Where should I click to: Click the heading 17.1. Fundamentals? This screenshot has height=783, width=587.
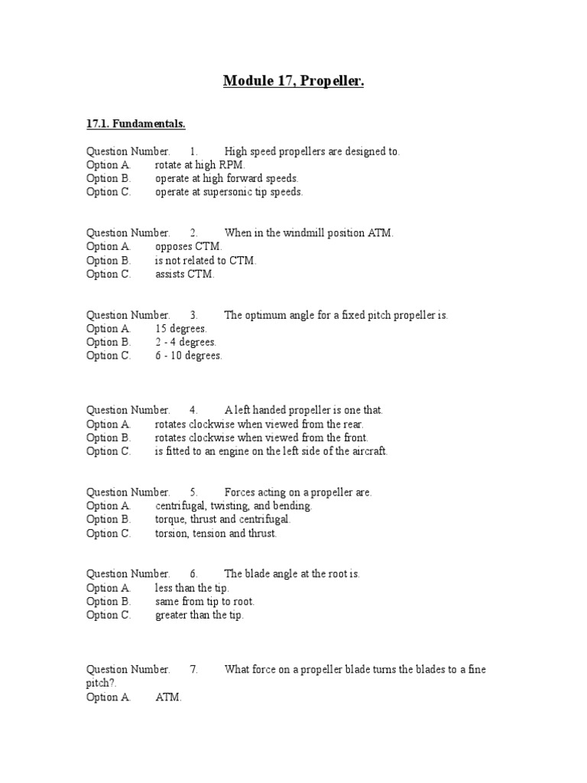(x=135, y=123)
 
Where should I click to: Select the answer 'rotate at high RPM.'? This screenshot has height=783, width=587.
(x=201, y=165)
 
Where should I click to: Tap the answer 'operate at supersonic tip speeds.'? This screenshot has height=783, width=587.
(x=229, y=192)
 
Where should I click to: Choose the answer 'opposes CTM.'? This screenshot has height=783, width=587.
(x=189, y=246)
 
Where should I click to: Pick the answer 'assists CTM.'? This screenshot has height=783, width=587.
(x=185, y=274)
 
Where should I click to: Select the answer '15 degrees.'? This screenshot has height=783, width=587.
(x=181, y=329)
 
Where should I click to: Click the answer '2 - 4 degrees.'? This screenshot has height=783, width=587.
(x=186, y=342)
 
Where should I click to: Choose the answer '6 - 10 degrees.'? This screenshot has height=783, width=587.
(x=189, y=356)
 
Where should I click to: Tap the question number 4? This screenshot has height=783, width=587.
(x=194, y=411)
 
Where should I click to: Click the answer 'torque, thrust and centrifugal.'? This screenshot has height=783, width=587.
(x=222, y=519)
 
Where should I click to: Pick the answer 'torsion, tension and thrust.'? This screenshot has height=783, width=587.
(x=216, y=533)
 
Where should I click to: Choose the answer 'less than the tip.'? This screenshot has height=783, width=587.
(x=192, y=588)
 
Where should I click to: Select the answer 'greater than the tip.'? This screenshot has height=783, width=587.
(x=199, y=615)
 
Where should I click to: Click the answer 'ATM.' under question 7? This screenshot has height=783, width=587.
(x=169, y=697)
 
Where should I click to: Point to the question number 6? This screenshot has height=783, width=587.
(x=194, y=574)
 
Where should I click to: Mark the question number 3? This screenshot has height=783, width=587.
(x=194, y=315)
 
